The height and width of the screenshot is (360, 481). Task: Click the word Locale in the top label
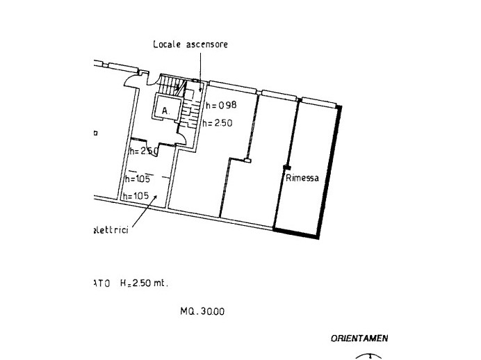tap(168, 44)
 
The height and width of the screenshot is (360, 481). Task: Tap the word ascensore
tap(206, 44)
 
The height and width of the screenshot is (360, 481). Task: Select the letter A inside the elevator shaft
tap(165, 111)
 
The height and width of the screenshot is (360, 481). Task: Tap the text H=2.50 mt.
tap(145, 284)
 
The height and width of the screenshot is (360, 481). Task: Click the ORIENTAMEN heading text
tap(359, 339)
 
